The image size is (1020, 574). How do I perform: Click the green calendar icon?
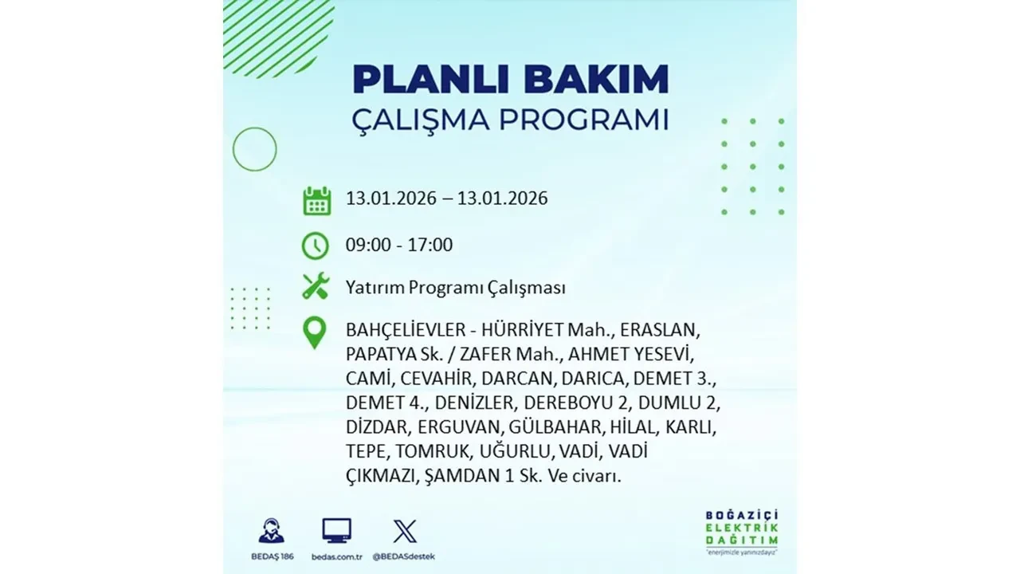coord(316,200)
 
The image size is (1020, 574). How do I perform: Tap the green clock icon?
coord(316,246)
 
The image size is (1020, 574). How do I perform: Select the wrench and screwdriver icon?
coord(316,286)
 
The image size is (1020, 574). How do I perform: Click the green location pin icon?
coord(316,333)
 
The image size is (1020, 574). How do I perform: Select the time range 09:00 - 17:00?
coord(399,245)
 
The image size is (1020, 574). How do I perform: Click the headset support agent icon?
coord(271,531)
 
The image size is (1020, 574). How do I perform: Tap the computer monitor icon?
coord(337,531)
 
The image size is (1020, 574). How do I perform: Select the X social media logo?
coord(405,531)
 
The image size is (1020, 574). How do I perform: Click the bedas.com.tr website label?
coord(337,556)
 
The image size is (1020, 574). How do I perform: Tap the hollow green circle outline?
coord(254,149)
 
